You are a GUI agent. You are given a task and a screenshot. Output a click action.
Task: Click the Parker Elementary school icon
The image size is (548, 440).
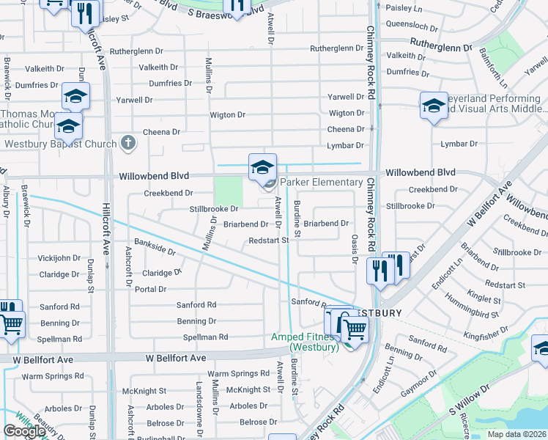[262, 167]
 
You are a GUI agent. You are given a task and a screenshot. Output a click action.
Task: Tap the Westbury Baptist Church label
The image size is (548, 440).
[61, 144]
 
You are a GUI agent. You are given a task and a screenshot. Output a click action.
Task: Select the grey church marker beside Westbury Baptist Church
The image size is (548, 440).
[128, 142]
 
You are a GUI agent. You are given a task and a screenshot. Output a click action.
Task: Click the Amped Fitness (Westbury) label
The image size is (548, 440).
[305, 342]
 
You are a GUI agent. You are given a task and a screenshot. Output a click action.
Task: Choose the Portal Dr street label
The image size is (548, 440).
[150, 289]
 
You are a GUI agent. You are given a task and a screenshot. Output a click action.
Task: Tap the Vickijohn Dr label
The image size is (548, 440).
[59, 258]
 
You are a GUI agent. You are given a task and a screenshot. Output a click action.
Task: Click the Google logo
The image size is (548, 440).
[24, 431]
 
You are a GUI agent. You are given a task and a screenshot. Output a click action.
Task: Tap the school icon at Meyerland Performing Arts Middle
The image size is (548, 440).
[433, 106]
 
